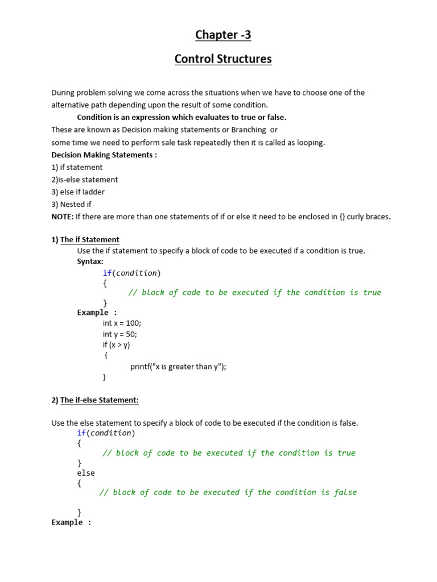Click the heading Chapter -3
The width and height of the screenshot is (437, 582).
point(223,35)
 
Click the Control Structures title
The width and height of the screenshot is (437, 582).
point(223,59)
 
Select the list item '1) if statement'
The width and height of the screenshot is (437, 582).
point(77,167)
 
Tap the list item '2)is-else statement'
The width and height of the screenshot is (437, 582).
point(85,180)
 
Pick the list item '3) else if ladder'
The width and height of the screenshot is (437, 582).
point(78,192)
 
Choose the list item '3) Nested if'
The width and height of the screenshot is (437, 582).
point(71,204)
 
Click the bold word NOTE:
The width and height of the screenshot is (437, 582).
point(62,217)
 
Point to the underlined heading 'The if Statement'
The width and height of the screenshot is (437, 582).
point(90,240)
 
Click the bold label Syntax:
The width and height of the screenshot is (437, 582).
point(90,261)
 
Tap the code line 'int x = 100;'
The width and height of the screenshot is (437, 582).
point(122,323)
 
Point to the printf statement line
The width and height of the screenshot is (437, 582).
point(178,367)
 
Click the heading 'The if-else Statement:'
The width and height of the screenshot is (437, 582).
point(100,400)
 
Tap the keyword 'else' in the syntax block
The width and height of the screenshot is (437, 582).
point(86,473)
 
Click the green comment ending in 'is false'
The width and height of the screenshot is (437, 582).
point(228,492)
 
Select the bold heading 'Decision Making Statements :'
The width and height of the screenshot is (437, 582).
point(104,155)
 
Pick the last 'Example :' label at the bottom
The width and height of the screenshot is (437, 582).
point(71,522)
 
